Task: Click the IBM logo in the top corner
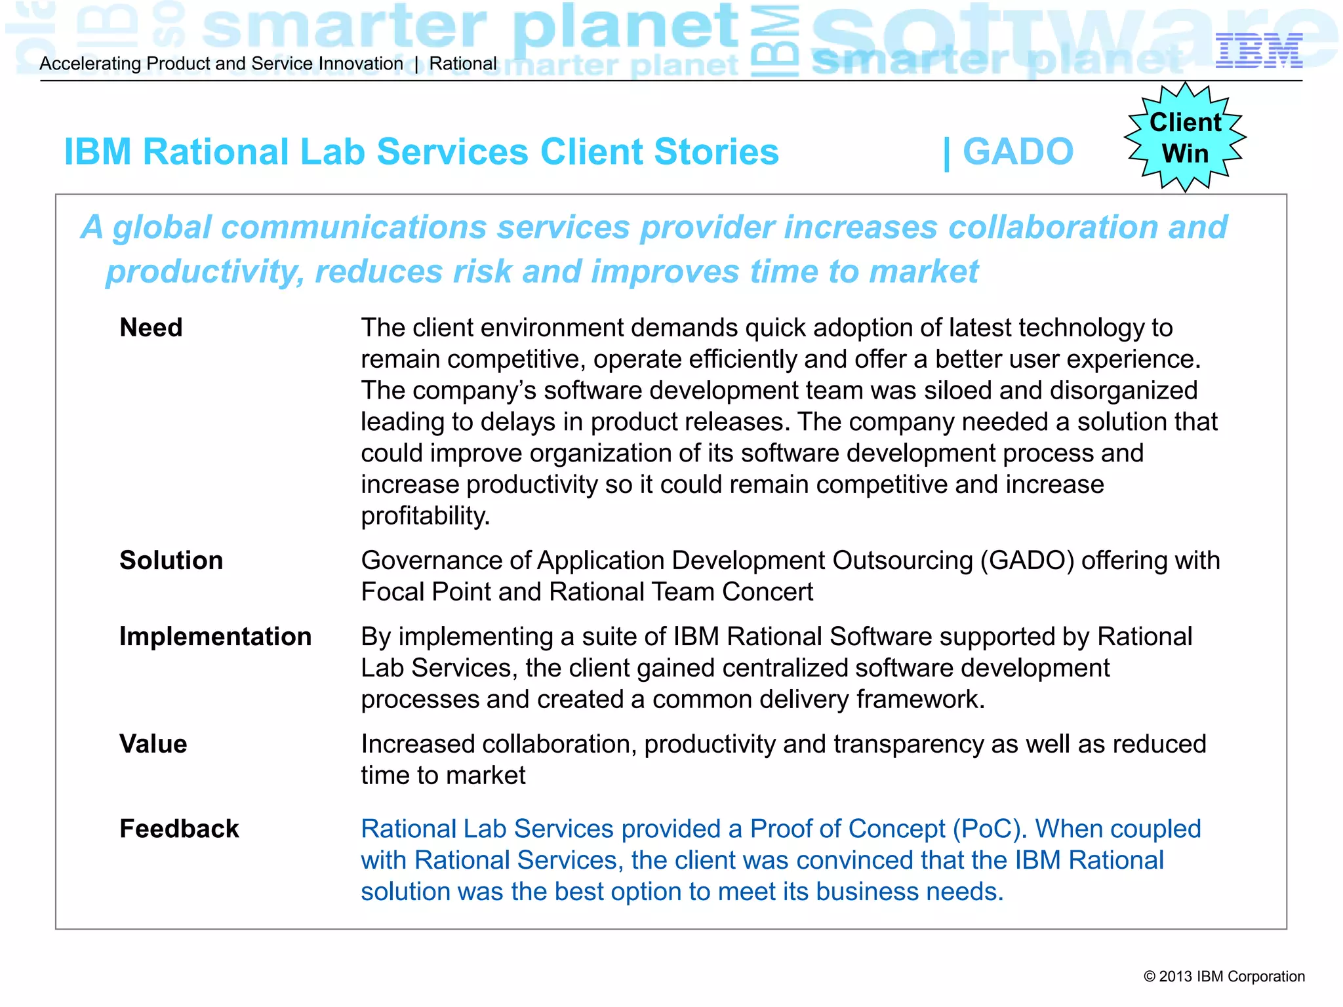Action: [1258, 51]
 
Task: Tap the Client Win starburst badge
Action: [1185, 138]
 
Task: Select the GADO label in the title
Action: [1017, 152]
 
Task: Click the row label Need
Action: [151, 328]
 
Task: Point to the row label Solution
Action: [171, 561]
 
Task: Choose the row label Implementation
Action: [215, 637]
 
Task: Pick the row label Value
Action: [153, 744]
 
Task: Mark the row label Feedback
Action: [179, 829]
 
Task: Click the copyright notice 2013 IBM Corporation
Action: [1224, 976]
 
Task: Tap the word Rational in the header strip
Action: [463, 64]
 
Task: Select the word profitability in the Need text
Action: [425, 516]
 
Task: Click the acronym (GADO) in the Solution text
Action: [1027, 561]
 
